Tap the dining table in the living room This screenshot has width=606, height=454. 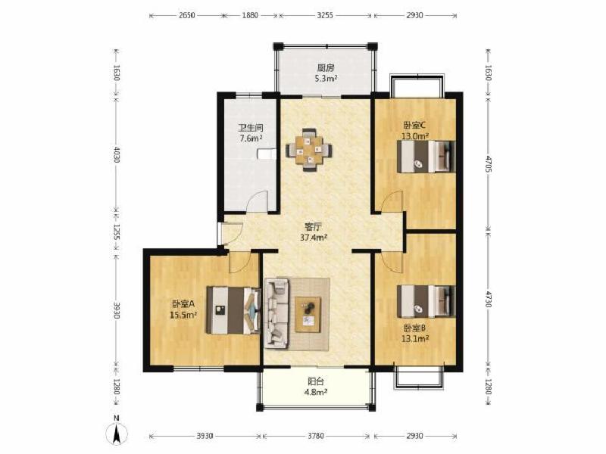pos(309,149)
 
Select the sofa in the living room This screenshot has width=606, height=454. pos(276,313)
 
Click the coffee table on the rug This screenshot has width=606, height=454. pos(308,314)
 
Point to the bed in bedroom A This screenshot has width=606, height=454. pos(233,310)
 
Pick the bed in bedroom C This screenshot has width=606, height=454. pos(426,157)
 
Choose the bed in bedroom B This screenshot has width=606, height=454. pos(426,301)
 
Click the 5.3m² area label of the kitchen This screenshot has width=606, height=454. pos(326,79)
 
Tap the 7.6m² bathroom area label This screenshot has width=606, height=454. pos(251,138)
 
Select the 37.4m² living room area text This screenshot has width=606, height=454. pos(314,238)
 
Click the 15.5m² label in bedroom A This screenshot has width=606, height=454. pos(183,315)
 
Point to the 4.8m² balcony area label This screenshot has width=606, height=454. pos(316,392)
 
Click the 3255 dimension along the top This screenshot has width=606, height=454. pos(325,15)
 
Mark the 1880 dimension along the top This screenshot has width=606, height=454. pos(251,15)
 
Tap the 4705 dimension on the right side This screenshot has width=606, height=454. pos(489,164)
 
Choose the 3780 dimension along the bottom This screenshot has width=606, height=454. pos(316,437)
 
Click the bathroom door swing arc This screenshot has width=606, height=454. pos(257,201)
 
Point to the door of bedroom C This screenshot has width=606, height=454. pos(392,201)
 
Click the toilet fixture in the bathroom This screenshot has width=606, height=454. pos(267,154)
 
